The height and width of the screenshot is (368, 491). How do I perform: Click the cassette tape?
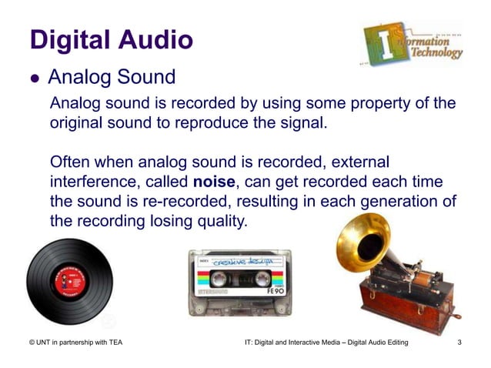point(239,282)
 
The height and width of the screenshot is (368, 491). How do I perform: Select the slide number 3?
point(459,342)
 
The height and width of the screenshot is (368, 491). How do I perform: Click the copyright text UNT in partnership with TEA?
point(73,342)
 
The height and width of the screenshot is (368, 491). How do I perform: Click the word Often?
point(72,162)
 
